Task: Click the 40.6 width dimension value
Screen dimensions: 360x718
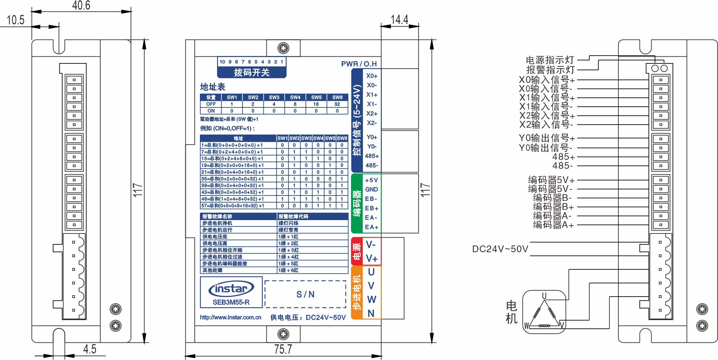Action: coord(81,6)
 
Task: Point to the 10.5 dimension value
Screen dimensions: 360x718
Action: coord(15,20)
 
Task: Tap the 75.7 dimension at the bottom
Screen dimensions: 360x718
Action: coord(283,350)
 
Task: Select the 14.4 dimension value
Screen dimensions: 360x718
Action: coord(399,20)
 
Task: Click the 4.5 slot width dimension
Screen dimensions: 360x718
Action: coord(90,349)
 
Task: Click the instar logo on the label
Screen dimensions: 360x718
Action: coord(231,289)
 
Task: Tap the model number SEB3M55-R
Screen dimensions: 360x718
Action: coord(231,302)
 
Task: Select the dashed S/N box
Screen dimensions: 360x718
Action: coord(305,294)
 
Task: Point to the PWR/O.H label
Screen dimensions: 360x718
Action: coord(359,64)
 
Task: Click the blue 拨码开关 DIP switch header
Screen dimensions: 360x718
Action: coord(252,72)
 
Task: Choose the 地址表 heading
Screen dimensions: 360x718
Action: coord(213,87)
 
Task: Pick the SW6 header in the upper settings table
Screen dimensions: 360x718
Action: coord(337,97)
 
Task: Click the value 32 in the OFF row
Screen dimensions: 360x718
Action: coord(337,104)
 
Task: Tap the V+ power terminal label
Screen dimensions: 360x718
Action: coord(371,259)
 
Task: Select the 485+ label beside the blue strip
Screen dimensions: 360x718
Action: coord(371,156)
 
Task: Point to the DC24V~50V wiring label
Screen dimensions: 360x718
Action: coord(500,249)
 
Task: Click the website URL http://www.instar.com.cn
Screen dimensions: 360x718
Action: coord(231,317)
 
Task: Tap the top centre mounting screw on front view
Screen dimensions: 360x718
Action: coord(283,48)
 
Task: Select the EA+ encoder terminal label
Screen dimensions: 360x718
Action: coord(371,227)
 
